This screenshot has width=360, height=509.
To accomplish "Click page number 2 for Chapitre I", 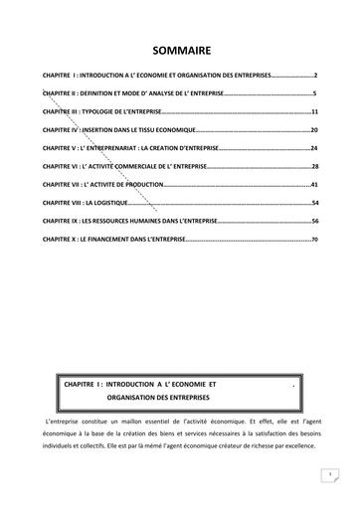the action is pos(314,75).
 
